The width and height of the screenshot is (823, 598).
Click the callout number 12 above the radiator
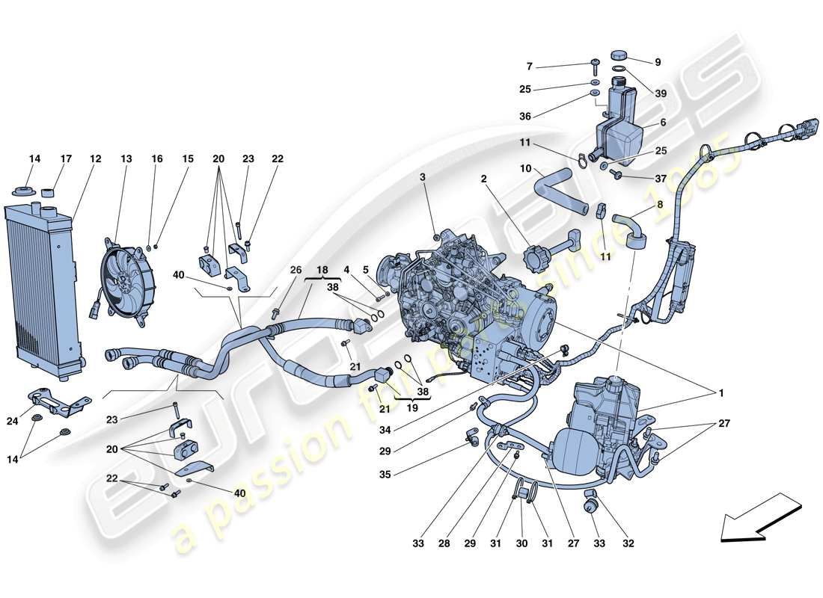pyautogui.click(x=96, y=158)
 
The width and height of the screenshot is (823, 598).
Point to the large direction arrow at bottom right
pyautogui.click(x=759, y=516)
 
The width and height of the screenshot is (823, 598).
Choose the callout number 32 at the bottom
pyautogui.click(x=628, y=543)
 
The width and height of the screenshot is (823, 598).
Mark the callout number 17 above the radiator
pyautogui.click(x=66, y=158)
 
